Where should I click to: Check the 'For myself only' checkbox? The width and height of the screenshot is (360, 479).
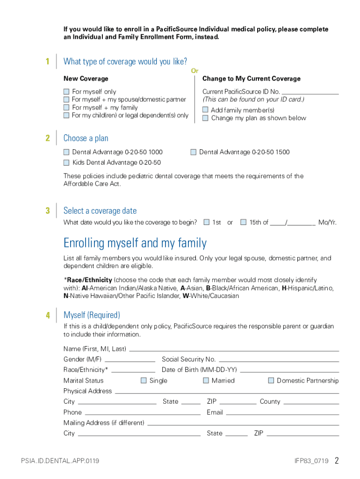[66, 92]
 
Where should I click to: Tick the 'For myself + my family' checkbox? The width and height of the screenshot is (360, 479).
[66, 108]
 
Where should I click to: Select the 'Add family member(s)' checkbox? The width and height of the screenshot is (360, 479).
[205, 110]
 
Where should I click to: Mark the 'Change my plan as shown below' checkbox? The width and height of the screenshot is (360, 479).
[205, 118]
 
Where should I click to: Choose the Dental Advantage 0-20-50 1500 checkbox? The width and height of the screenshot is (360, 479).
[194, 152]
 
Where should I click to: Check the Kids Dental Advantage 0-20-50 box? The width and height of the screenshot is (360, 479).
[66, 162]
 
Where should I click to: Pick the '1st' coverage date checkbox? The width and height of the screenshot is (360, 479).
[207, 222]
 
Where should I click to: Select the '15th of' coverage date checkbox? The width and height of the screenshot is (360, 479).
[243, 222]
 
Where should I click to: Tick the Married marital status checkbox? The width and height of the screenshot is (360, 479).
[206, 380]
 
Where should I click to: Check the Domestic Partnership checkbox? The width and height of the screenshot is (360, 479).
[271, 380]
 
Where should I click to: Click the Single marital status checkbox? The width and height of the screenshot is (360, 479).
[144, 380]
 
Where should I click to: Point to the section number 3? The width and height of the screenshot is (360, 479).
[48, 210]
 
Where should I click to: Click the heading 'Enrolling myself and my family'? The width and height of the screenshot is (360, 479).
[135, 243]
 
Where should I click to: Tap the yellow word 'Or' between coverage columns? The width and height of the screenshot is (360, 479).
[194, 71]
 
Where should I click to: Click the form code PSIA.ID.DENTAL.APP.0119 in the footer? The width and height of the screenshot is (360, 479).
[60, 461]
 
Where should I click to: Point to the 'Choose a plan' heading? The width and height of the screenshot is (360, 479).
[86, 138]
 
